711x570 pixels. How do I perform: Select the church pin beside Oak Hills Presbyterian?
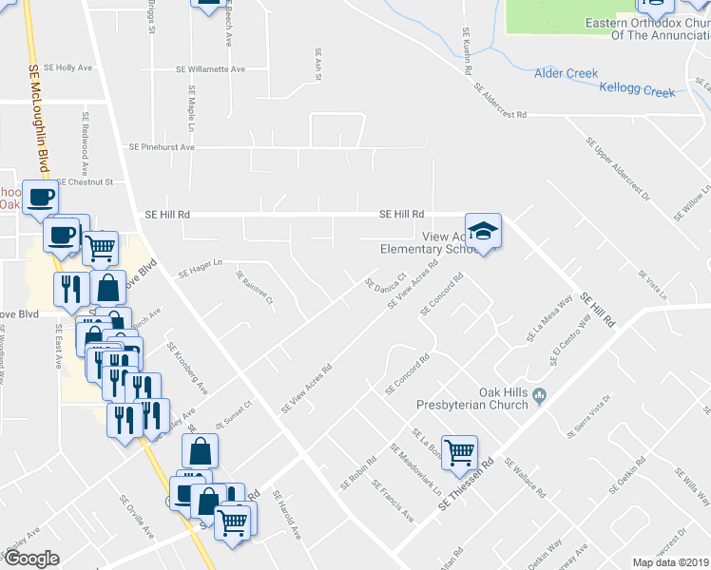coord(540,394)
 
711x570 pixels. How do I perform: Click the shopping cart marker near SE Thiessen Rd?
coord(459,451)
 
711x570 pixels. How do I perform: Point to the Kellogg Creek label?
coord(637,92)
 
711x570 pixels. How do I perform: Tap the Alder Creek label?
coord(566,73)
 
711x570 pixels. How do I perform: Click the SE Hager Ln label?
coord(199,263)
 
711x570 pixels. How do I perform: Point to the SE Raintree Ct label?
coord(256,289)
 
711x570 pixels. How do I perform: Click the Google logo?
coord(32,558)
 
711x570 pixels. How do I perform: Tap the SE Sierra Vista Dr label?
coord(589,417)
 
